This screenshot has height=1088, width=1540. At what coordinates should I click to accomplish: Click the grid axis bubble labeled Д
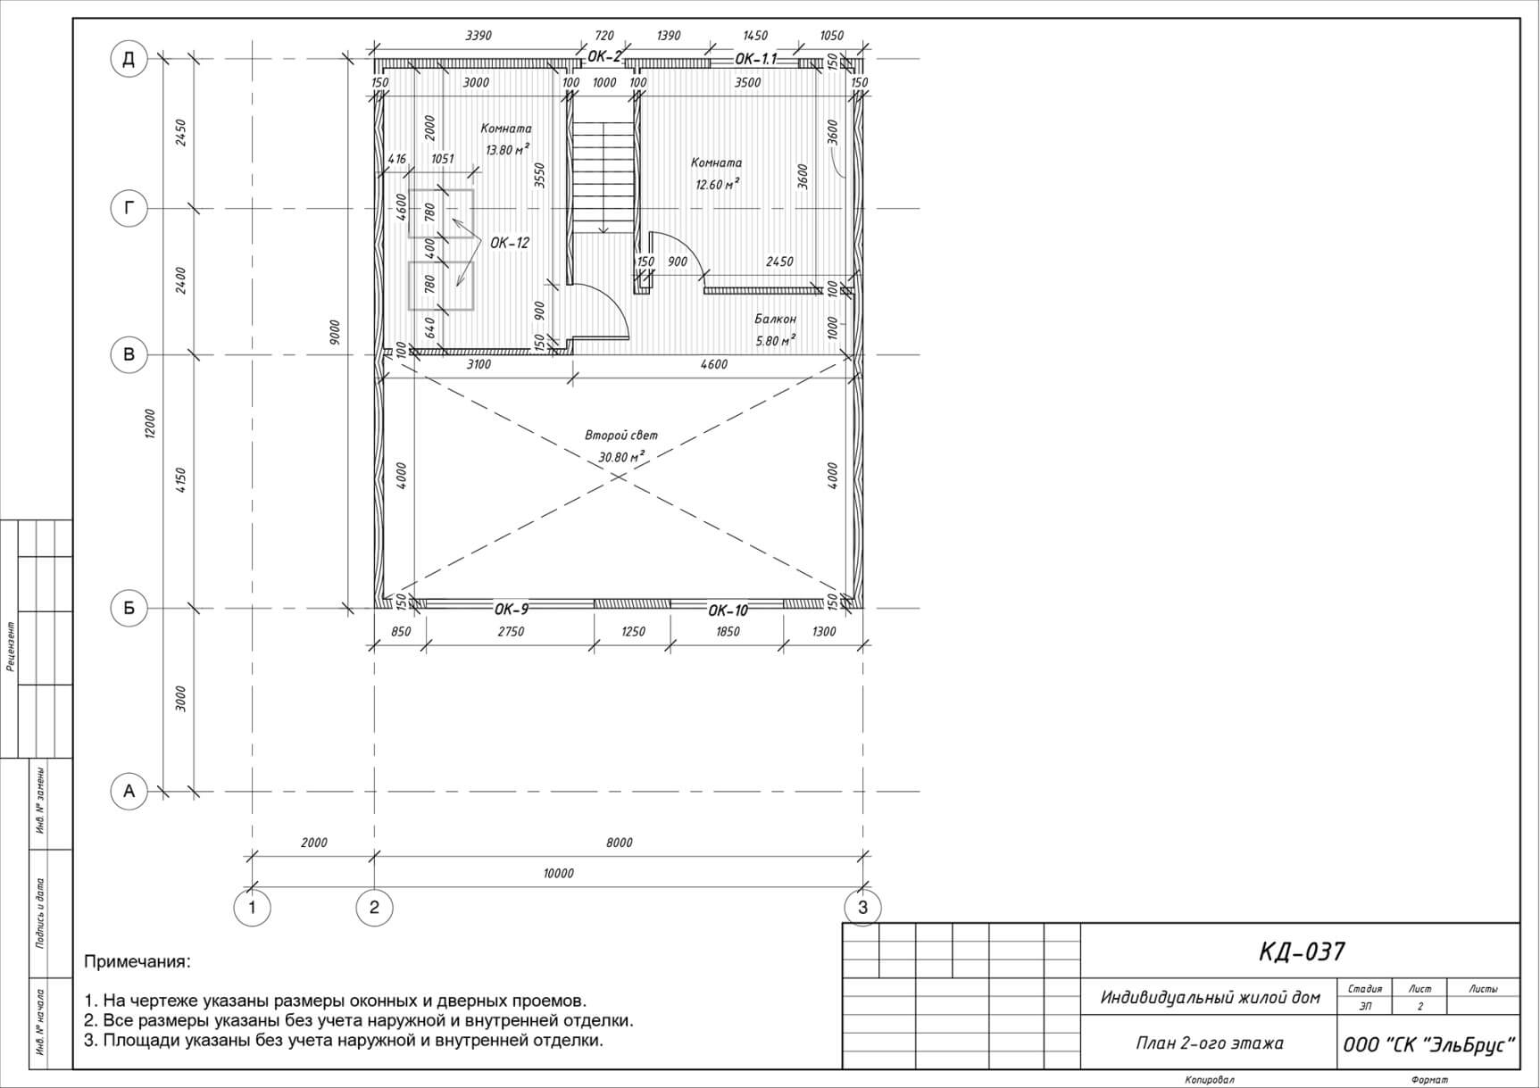tap(129, 60)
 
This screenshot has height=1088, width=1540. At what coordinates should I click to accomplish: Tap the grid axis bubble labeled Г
tap(129, 208)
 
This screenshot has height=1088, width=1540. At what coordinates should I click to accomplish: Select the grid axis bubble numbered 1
tap(252, 908)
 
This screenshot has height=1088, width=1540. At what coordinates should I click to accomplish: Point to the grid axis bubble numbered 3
tap(862, 908)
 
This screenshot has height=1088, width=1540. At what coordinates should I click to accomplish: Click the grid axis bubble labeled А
tap(129, 791)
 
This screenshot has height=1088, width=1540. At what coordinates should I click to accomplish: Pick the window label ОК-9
tap(512, 610)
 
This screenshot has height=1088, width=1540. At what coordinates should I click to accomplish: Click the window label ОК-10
tap(728, 610)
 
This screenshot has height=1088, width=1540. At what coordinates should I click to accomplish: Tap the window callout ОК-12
tap(510, 243)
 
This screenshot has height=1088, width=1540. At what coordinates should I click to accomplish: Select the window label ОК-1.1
tap(756, 59)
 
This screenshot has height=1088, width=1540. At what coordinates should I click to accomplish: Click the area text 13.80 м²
tap(507, 150)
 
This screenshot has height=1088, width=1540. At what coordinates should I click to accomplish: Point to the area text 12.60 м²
tap(717, 185)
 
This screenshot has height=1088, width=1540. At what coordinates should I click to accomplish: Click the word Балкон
tap(775, 319)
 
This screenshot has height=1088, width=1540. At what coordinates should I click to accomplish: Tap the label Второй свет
tap(621, 436)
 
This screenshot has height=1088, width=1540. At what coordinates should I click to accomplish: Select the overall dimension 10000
tap(558, 874)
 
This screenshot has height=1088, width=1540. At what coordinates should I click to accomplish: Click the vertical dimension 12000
tap(150, 424)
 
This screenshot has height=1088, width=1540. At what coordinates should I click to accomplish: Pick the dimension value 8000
tap(619, 843)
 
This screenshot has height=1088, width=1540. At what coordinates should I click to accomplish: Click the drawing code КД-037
tap(1302, 952)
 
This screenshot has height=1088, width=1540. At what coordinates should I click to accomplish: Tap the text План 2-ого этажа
tap(1210, 1042)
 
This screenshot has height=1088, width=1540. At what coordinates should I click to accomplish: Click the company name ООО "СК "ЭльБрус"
tap(1430, 1044)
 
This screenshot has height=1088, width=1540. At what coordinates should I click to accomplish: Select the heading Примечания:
tap(137, 963)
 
